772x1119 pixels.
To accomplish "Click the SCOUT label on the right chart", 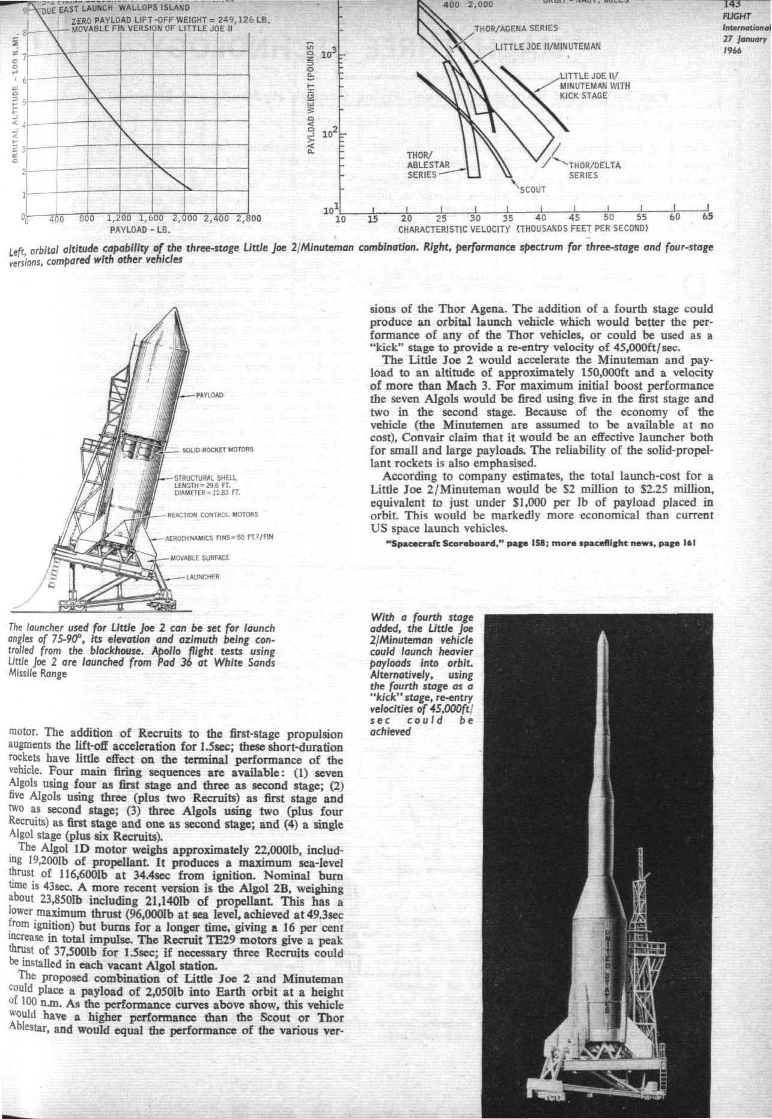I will pos(532,190).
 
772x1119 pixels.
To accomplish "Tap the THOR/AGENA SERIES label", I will pos(516,28).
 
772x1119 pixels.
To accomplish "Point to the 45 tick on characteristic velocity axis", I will pos(574,217).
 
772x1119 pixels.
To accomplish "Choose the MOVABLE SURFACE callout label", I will pos(201,558).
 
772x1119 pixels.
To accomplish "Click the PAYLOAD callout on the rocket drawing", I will pos(209,396).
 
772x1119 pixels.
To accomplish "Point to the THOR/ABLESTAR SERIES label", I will pos(425,165).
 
